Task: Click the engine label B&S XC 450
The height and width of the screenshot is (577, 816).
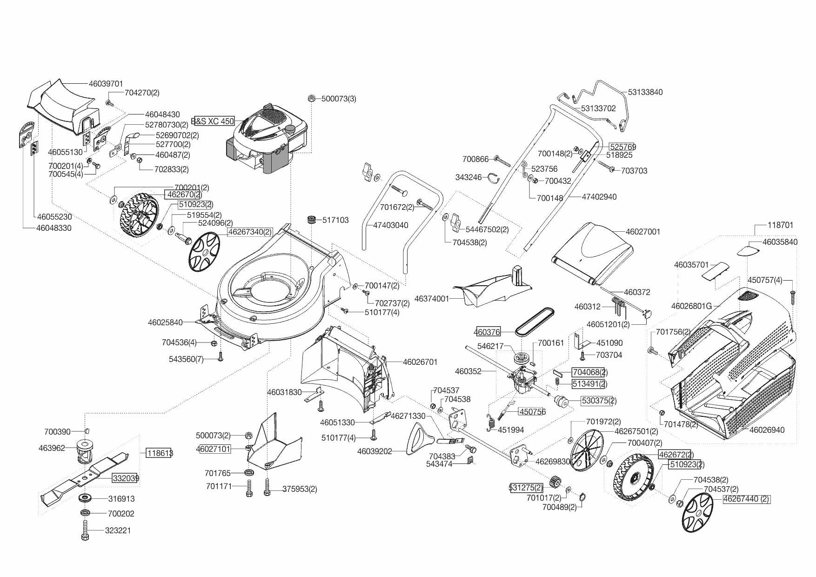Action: (213, 121)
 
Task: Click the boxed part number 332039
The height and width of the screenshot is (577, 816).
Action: (125, 478)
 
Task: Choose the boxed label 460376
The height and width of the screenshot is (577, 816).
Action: (487, 332)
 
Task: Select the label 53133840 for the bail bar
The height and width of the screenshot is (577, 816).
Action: (645, 92)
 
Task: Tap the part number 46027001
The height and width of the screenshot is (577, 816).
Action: (643, 231)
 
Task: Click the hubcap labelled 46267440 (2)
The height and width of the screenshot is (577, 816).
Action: (699, 512)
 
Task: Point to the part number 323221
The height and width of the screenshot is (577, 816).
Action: (118, 530)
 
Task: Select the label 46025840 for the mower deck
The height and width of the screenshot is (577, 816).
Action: (165, 322)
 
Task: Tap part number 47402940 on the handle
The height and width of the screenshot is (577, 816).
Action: (599, 197)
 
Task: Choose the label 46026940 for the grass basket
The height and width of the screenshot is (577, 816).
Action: (767, 430)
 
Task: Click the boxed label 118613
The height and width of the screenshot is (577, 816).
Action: (159, 453)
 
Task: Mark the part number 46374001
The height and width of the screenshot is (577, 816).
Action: (432, 299)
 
